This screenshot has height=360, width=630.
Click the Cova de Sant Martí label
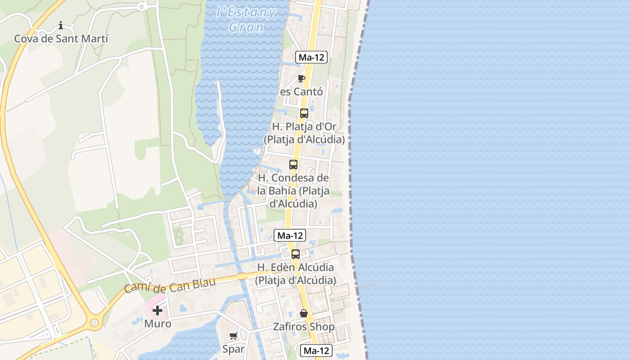61,39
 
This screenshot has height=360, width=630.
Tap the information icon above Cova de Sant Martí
61,25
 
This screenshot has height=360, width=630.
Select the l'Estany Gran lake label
246,19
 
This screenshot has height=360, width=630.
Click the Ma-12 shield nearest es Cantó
311,58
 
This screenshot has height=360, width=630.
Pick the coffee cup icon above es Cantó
301,79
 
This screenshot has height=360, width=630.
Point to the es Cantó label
301,92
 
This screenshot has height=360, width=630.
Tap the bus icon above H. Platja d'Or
304,113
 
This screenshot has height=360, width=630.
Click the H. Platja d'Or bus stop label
304,133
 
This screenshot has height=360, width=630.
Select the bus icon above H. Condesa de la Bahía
293,165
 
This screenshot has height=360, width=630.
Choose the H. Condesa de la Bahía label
293,191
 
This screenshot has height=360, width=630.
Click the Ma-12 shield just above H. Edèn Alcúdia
290,235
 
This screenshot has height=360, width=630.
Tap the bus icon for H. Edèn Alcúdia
296,254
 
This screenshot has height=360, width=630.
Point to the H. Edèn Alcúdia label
296,274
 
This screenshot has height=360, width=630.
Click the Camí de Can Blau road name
170,285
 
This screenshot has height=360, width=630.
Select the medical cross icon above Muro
157,310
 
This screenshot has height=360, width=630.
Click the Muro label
157,324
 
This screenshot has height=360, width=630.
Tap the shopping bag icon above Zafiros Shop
304,313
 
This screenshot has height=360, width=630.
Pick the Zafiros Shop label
304,327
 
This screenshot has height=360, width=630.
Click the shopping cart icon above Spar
234,336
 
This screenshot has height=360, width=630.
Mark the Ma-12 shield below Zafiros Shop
316,351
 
